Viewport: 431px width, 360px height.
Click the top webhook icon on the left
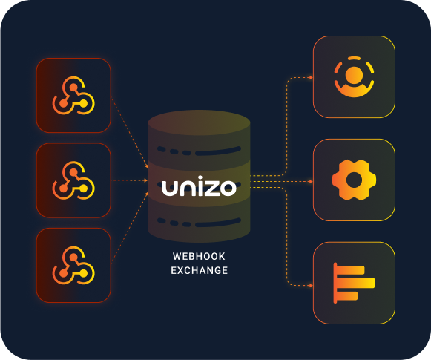click(73, 95)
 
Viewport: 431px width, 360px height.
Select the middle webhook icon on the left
click(73, 180)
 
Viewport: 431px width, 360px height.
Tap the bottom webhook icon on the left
click(73, 265)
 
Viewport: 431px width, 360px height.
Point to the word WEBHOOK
click(199, 256)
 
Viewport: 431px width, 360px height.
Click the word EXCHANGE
click(200, 270)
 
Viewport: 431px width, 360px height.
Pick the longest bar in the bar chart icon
click(355, 283)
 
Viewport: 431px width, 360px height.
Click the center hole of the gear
click(354, 180)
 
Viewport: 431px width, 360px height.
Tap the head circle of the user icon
click(354, 75)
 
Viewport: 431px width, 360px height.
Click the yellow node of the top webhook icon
click(83, 104)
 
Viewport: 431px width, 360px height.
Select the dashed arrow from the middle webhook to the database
click(131, 180)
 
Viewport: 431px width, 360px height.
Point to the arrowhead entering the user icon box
click(311, 77)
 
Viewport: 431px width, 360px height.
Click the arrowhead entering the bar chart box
click(311, 286)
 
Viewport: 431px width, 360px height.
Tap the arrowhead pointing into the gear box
click(311, 182)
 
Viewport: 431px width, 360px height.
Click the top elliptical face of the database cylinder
click(199, 122)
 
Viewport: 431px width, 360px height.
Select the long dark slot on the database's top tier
click(218, 151)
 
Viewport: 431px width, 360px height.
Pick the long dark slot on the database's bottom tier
click(218, 223)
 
